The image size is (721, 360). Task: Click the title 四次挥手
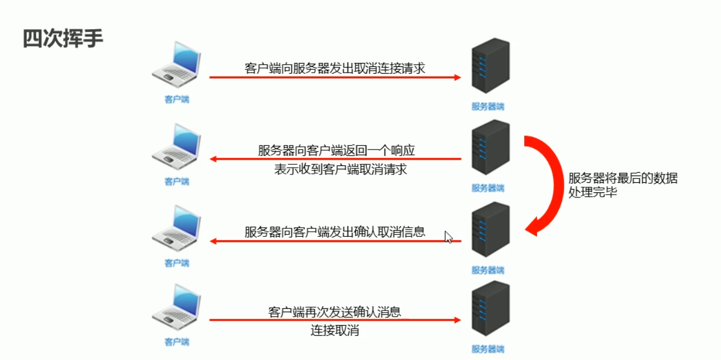click(x=63, y=39)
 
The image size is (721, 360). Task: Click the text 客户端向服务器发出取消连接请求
click(x=335, y=69)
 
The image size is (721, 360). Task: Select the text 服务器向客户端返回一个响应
click(x=337, y=150)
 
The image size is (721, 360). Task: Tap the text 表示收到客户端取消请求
click(x=340, y=169)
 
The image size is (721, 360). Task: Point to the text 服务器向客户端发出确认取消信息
click(x=335, y=231)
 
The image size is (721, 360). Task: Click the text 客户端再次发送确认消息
click(x=335, y=312)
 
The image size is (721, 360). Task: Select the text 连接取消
click(x=335, y=330)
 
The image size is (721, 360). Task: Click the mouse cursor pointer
click(x=448, y=237)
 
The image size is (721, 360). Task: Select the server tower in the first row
click(x=490, y=67)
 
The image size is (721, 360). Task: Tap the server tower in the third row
click(x=490, y=230)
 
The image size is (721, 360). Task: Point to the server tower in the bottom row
click(x=490, y=310)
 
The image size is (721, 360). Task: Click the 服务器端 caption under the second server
click(x=488, y=188)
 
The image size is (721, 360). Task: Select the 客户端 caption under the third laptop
click(x=177, y=263)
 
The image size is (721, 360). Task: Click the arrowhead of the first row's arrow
click(x=457, y=77)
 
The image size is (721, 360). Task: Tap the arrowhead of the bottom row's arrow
click(x=457, y=320)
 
